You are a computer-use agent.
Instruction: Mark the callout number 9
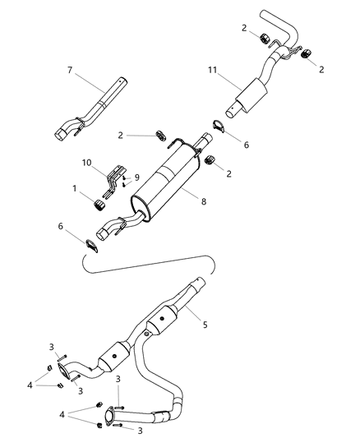137,177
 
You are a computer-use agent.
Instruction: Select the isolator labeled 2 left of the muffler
160,134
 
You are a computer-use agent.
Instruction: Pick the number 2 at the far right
321,69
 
